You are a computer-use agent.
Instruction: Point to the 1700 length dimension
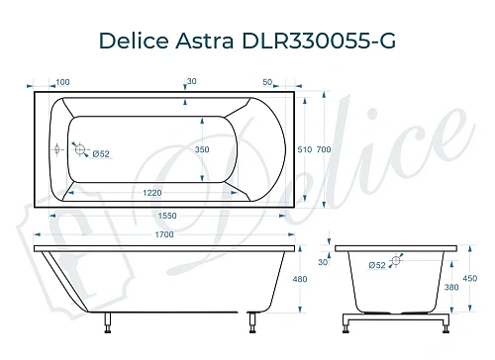tap(164, 234)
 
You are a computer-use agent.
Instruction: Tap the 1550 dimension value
tap(164, 214)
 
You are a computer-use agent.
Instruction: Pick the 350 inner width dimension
tap(201, 149)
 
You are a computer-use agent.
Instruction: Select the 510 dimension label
tap(304, 149)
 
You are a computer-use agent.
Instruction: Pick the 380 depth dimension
tap(451, 290)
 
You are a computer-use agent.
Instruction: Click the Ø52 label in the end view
tap(376, 265)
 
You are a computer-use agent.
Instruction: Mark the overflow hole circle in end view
tap(396, 262)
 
